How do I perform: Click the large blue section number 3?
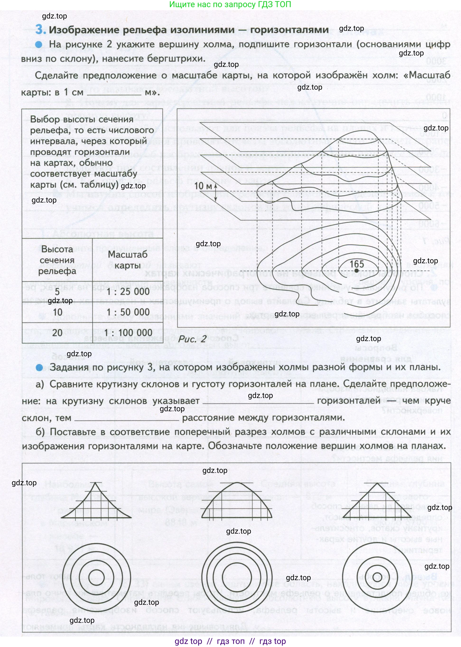tap(40, 29)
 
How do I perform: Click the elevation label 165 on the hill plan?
tap(357, 264)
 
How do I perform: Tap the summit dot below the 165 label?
tap(357, 271)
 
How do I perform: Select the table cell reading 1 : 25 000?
tap(128, 291)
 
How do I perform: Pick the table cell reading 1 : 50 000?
tap(128, 312)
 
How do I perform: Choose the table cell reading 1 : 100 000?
tap(128, 332)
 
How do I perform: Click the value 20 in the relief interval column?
tap(57, 332)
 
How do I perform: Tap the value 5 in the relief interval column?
tap(57, 291)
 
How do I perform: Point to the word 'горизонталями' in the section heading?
tap(289, 29)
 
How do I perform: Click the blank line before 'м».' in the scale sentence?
tap(114, 93)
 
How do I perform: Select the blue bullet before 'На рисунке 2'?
tap(39, 44)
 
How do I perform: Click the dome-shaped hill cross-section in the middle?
tap(237, 501)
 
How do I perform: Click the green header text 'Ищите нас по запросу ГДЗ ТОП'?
tap(230, 5)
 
